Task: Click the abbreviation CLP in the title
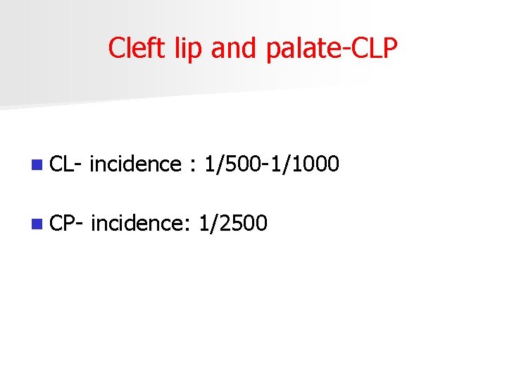377,48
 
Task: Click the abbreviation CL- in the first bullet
68,164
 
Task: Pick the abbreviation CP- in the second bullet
68,224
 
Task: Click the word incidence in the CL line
136,164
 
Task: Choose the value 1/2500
233,224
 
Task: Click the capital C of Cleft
116,48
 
